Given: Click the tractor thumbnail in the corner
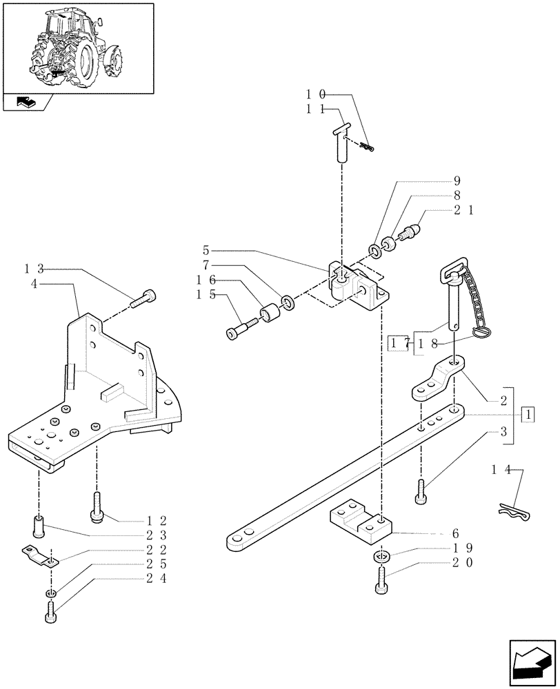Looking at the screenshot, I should [x=78, y=48].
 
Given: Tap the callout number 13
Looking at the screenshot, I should [x=35, y=268].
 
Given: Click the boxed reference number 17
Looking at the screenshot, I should [x=398, y=343].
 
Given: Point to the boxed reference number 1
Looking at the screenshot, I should [x=528, y=415].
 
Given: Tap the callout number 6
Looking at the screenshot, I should [x=454, y=533].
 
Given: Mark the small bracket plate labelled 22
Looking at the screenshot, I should [x=40, y=555].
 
